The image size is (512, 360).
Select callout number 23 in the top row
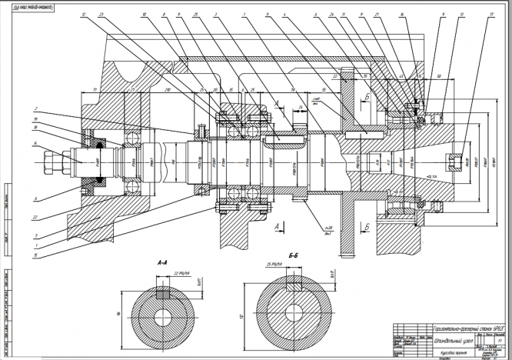101,15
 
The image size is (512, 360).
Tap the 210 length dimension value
168,91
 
